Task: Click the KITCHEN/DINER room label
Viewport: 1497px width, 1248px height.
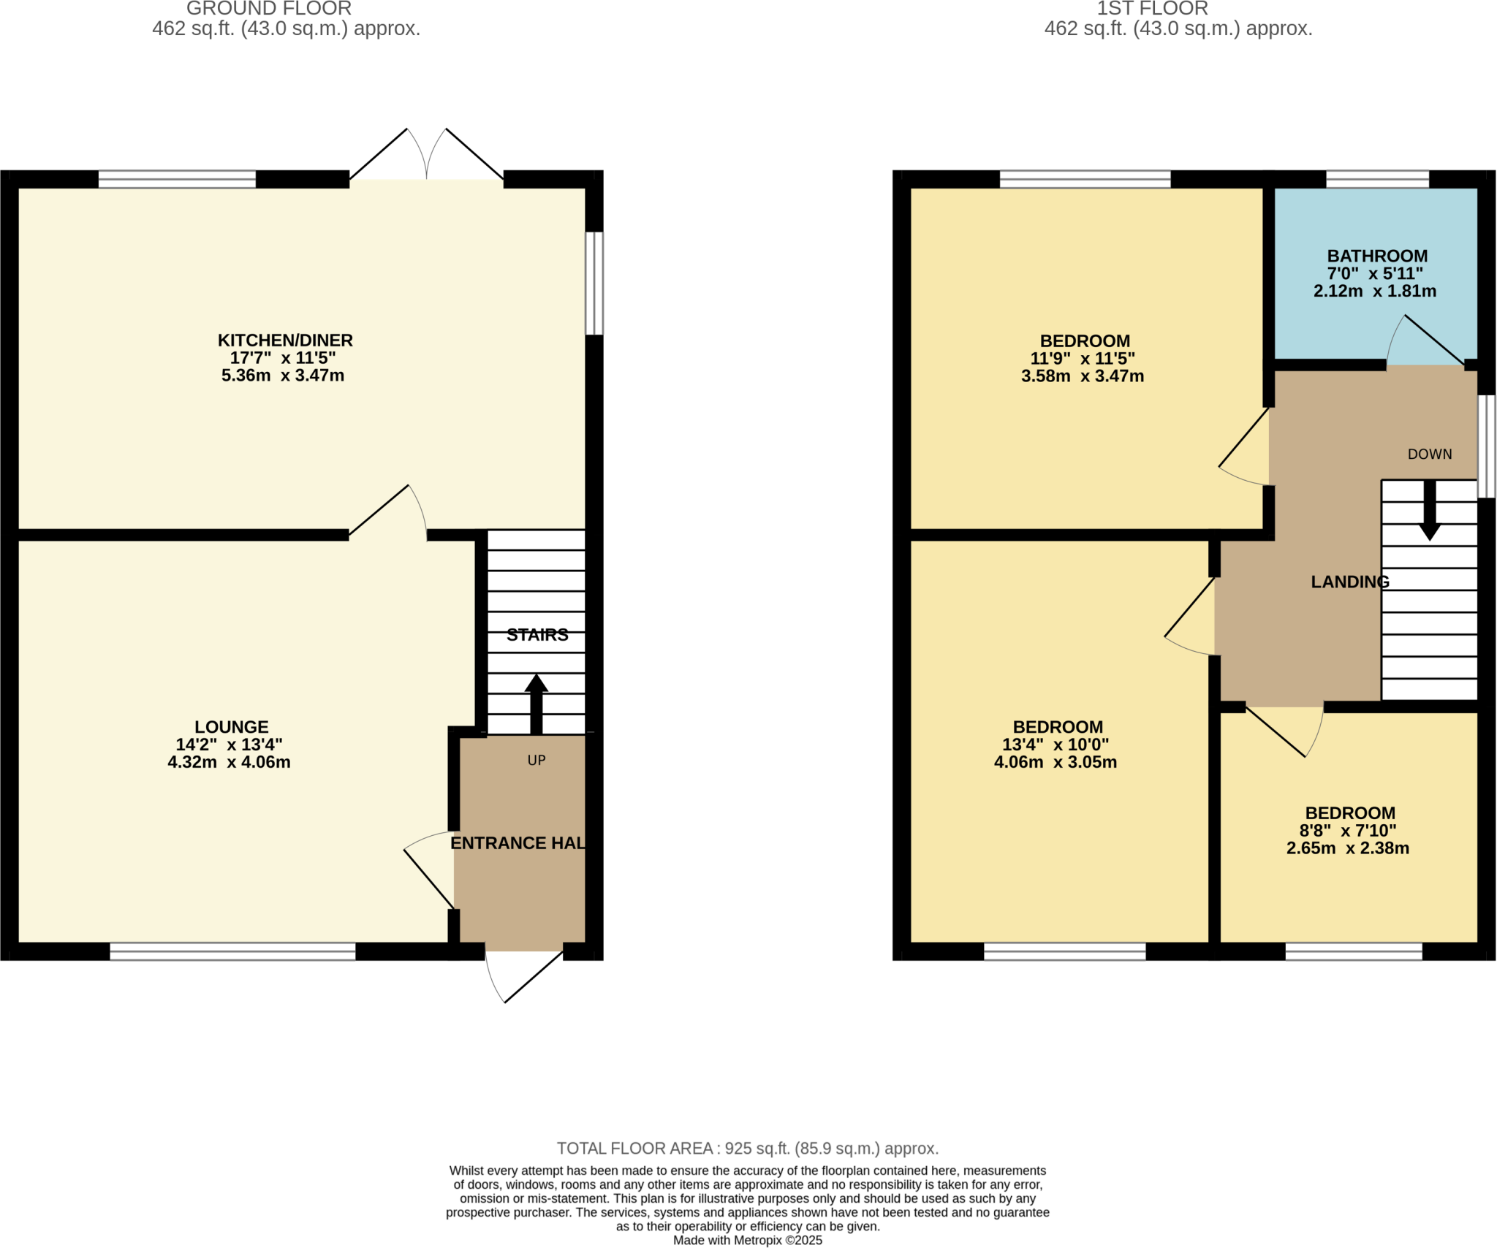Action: pyautogui.click(x=285, y=340)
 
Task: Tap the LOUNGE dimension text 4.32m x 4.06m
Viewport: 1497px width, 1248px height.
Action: pyautogui.click(x=229, y=762)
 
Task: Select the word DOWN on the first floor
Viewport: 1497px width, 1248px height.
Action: pyautogui.click(x=1429, y=454)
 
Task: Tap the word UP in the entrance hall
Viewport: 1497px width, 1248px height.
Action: pyautogui.click(x=537, y=760)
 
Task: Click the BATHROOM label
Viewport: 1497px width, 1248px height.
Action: pyautogui.click(x=1377, y=256)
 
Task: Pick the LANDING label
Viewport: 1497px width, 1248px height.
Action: pyautogui.click(x=1349, y=582)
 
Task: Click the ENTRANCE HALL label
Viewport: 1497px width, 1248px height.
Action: pyautogui.click(x=518, y=842)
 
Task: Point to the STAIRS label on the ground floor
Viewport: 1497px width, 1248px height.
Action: pyautogui.click(x=537, y=634)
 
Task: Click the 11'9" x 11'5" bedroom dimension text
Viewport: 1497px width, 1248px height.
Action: pyautogui.click(x=1082, y=358)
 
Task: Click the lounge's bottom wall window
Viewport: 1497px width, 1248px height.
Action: pyautogui.click(x=232, y=951)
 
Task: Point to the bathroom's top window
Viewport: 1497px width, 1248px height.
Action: pyautogui.click(x=1377, y=179)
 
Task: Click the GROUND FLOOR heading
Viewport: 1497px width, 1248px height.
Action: pyautogui.click(x=269, y=9)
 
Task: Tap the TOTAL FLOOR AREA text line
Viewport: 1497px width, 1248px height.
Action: pyautogui.click(x=747, y=1148)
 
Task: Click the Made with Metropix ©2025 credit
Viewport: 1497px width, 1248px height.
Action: pyautogui.click(x=747, y=1240)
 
